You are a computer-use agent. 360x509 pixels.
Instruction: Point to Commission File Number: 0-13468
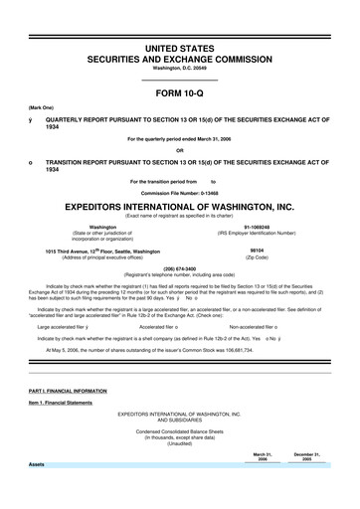click(x=180, y=192)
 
